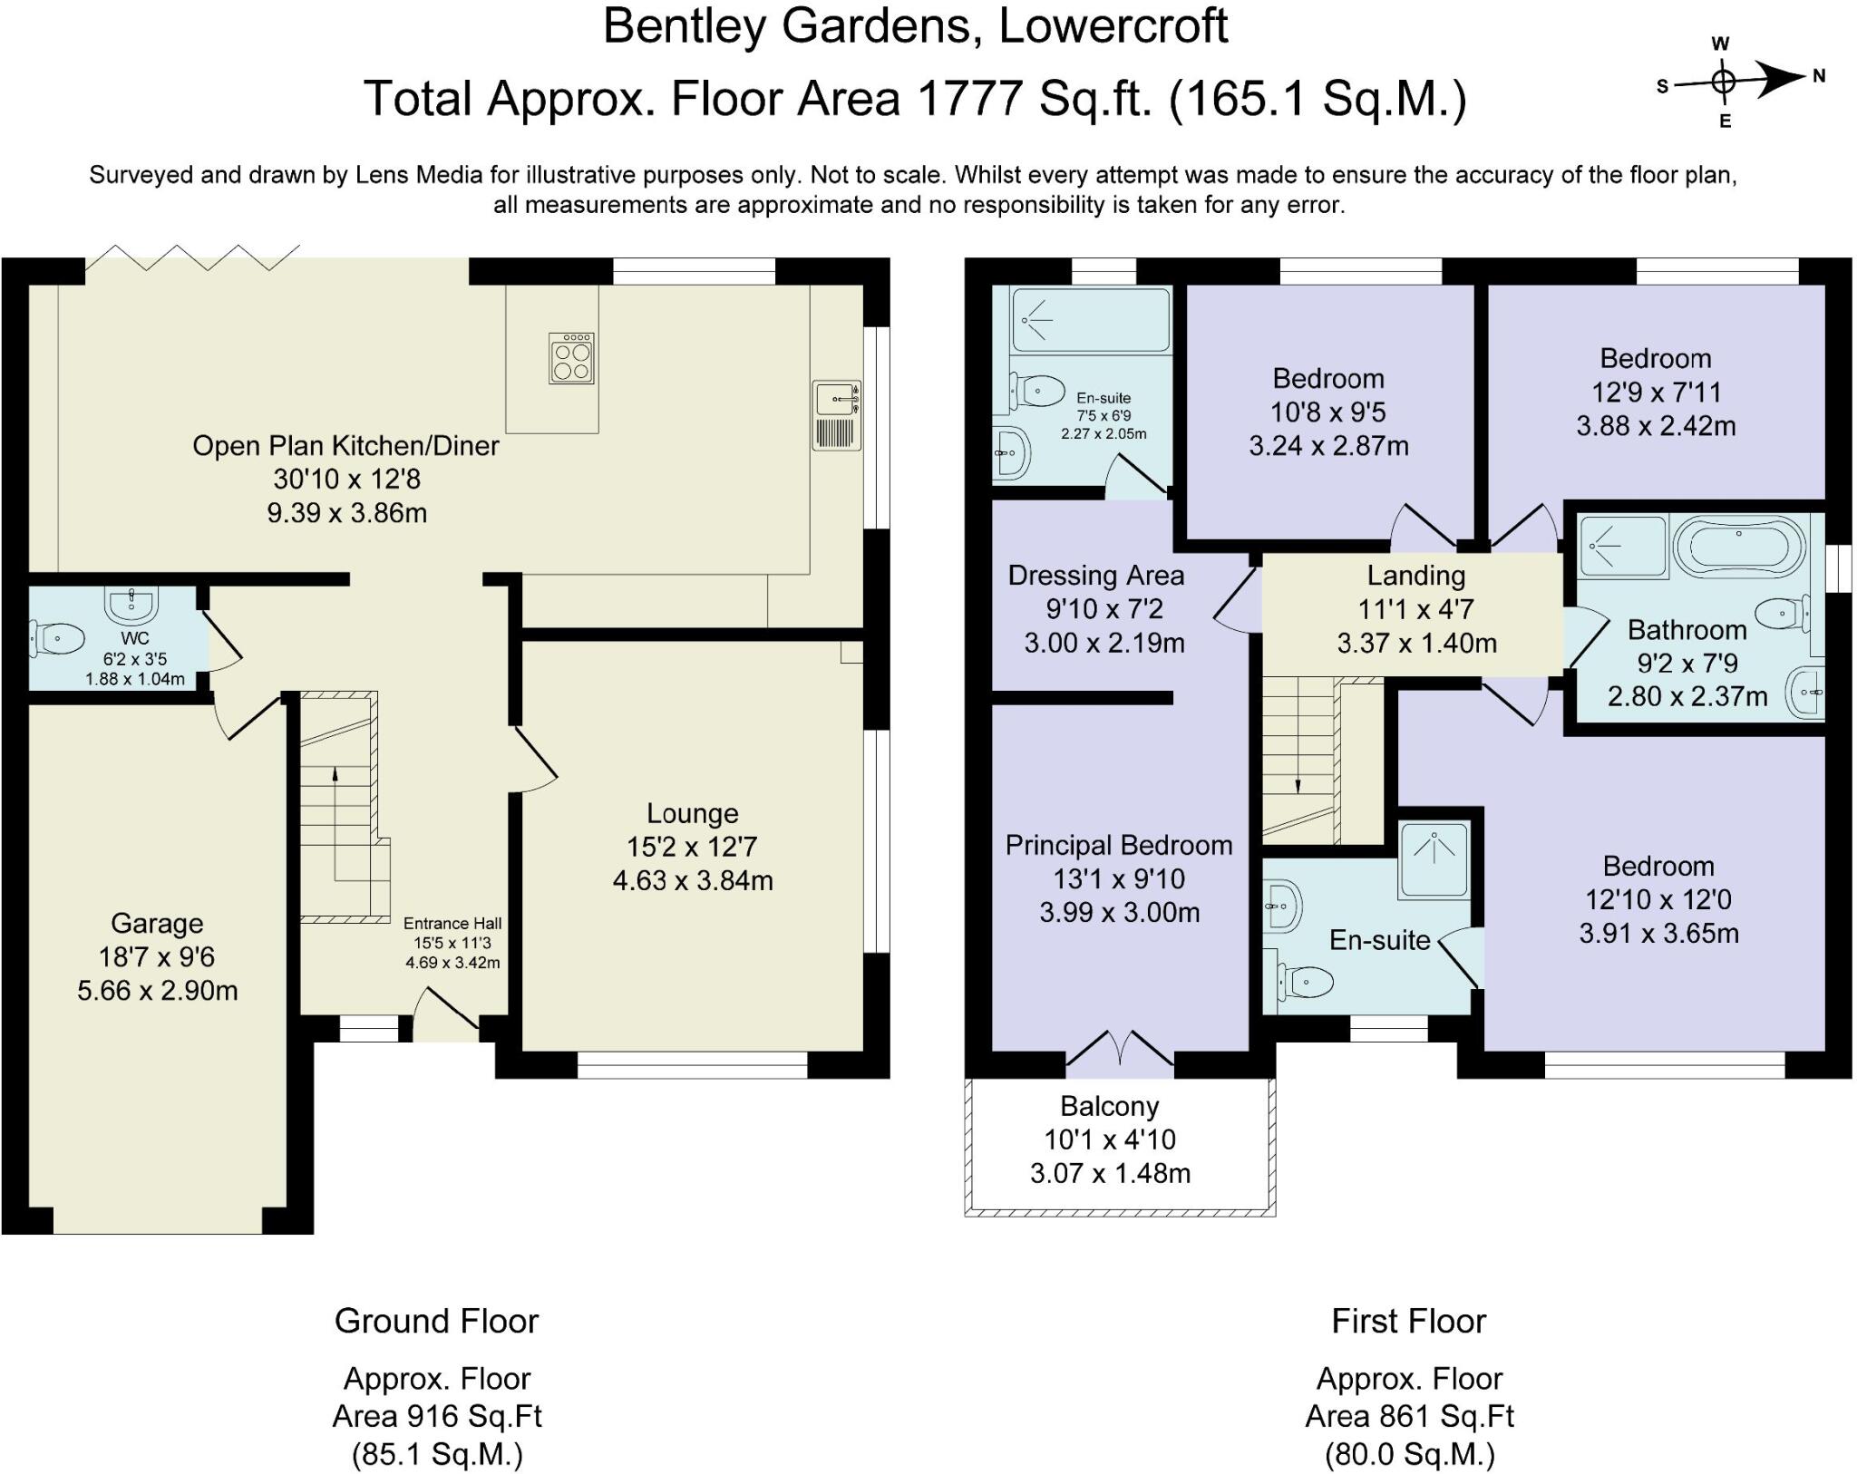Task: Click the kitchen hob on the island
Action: [x=571, y=358]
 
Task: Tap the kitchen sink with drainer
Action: [x=836, y=415]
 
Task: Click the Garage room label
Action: [x=157, y=923]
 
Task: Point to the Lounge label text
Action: [x=692, y=813]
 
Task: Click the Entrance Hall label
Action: [x=452, y=924]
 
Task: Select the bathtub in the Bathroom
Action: [x=1739, y=547]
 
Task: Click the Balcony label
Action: [x=1109, y=1106]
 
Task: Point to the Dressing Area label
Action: [x=1095, y=576]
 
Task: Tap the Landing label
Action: [x=1415, y=576]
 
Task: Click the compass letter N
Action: [x=1819, y=77]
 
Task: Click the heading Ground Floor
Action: [x=436, y=1321]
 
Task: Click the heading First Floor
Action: [x=1408, y=1321]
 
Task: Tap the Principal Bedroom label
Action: [x=1118, y=846]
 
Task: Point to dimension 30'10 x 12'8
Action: [x=346, y=479]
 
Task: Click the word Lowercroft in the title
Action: [x=1113, y=25]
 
